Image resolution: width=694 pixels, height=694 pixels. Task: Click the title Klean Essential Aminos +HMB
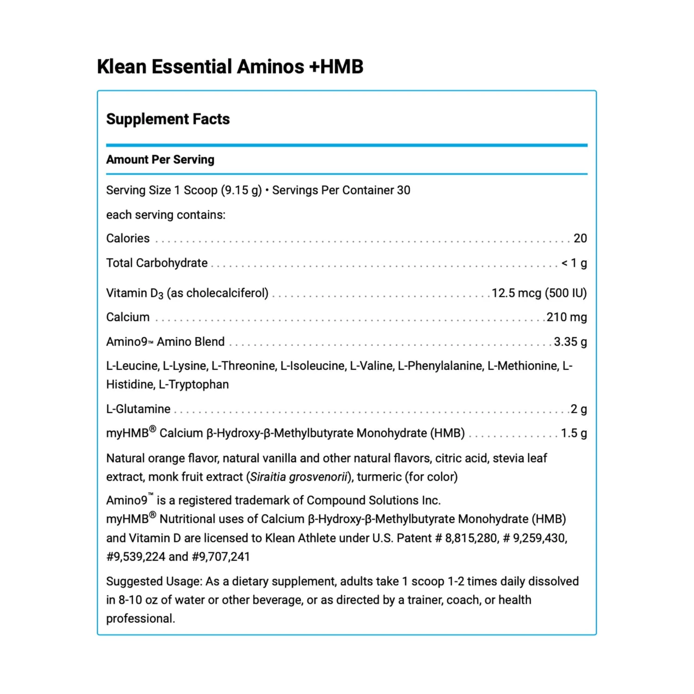click(x=230, y=67)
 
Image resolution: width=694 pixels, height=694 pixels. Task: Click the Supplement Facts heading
click(x=168, y=119)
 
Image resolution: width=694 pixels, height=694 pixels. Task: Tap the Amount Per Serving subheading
click(x=160, y=160)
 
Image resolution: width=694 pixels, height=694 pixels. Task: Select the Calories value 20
click(x=580, y=238)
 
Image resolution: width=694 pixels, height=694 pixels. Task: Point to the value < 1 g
click(x=574, y=263)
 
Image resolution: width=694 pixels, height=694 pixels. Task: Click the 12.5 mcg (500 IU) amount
click(x=539, y=293)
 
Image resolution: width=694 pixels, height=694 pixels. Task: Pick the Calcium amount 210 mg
click(x=566, y=317)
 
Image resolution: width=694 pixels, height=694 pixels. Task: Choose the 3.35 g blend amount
click(x=570, y=342)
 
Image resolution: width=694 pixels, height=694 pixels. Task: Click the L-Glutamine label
click(x=138, y=409)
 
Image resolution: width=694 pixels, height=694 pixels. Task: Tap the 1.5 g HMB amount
click(x=574, y=433)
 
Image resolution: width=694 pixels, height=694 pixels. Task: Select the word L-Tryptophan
click(x=193, y=384)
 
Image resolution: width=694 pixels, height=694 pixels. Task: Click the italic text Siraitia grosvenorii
click(x=298, y=477)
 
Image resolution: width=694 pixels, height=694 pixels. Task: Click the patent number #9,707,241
click(x=221, y=557)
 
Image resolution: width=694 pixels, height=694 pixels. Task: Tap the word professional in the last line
click(x=140, y=619)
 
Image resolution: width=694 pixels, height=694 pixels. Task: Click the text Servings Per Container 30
click(x=341, y=190)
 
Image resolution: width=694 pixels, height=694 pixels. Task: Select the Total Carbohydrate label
click(x=157, y=263)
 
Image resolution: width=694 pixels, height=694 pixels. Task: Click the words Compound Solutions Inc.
click(x=373, y=501)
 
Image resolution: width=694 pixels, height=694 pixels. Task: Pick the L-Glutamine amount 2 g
click(x=578, y=409)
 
